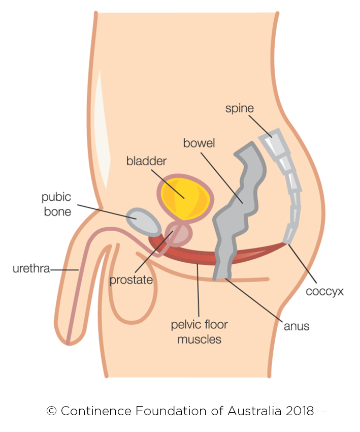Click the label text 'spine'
pyautogui.click(x=240, y=108)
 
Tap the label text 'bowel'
pyautogui.click(x=199, y=143)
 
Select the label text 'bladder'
pyautogui.click(x=146, y=162)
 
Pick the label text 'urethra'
pyautogui.click(x=30, y=268)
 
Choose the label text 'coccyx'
pyautogui.click(x=325, y=292)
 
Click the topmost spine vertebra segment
pyautogui.click(x=272, y=138)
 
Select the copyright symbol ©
pyautogui.click(x=51, y=411)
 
